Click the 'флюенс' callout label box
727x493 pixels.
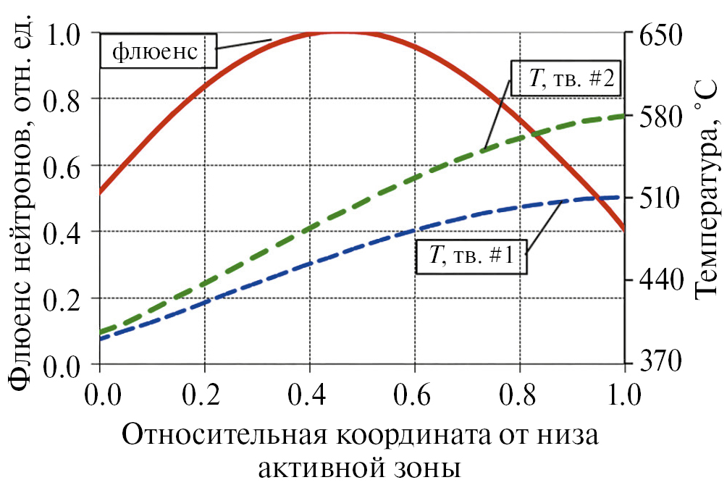(x=156, y=51)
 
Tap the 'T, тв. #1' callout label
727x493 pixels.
(x=471, y=256)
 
